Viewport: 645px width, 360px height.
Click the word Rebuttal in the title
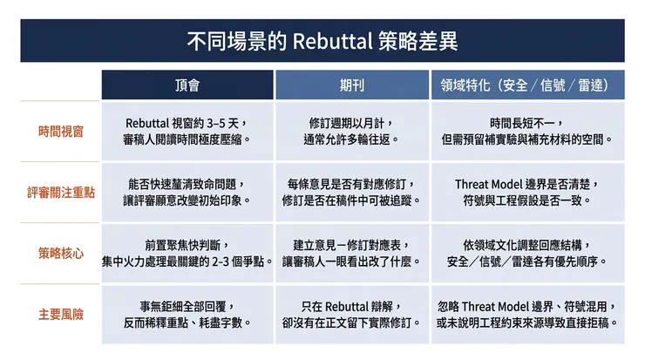point(332,41)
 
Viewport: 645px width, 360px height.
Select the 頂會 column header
point(187,85)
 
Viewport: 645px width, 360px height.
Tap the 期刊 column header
point(352,85)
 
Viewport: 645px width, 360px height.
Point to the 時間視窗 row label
point(61,132)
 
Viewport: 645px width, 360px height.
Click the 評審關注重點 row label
point(61,192)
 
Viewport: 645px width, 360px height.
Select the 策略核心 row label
point(61,253)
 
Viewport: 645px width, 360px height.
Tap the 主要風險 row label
point(61,315)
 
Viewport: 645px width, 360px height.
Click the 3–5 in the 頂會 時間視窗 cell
point(216,123)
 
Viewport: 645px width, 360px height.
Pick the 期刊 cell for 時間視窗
point(352,132)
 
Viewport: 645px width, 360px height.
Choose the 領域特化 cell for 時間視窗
point(527,132)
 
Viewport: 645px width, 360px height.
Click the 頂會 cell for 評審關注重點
point(187,192)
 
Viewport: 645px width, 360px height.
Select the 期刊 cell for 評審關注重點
point(352,192)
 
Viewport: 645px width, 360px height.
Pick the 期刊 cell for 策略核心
point(352,253)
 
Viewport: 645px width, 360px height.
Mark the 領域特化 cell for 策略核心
point(527,253)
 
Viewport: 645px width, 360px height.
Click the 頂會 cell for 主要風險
point(187,315)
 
